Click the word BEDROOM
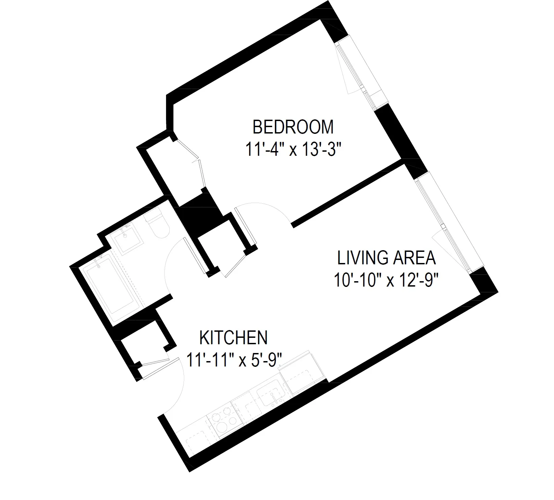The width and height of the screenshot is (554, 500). click(293, 127)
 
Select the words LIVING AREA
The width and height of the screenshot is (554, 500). click(387, 258)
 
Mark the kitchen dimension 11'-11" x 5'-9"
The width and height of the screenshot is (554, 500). click(234, 360)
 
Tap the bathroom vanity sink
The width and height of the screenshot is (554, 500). click(129, 238)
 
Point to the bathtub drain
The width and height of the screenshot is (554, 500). click(99, 266)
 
